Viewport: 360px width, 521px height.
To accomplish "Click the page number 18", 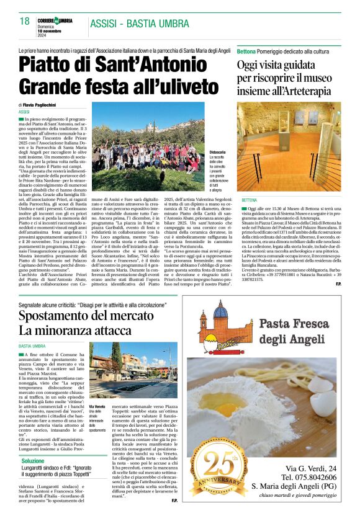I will tap(24, 21).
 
